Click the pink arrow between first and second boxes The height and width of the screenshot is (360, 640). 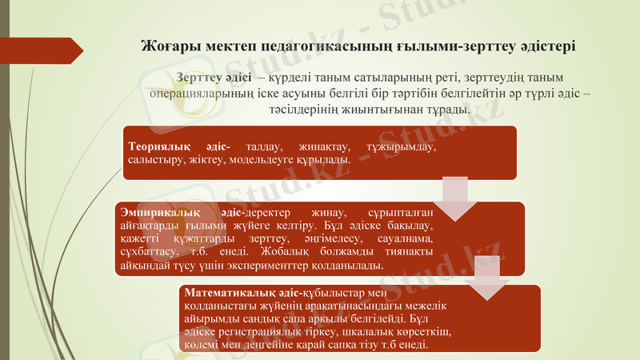pos(456,196)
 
